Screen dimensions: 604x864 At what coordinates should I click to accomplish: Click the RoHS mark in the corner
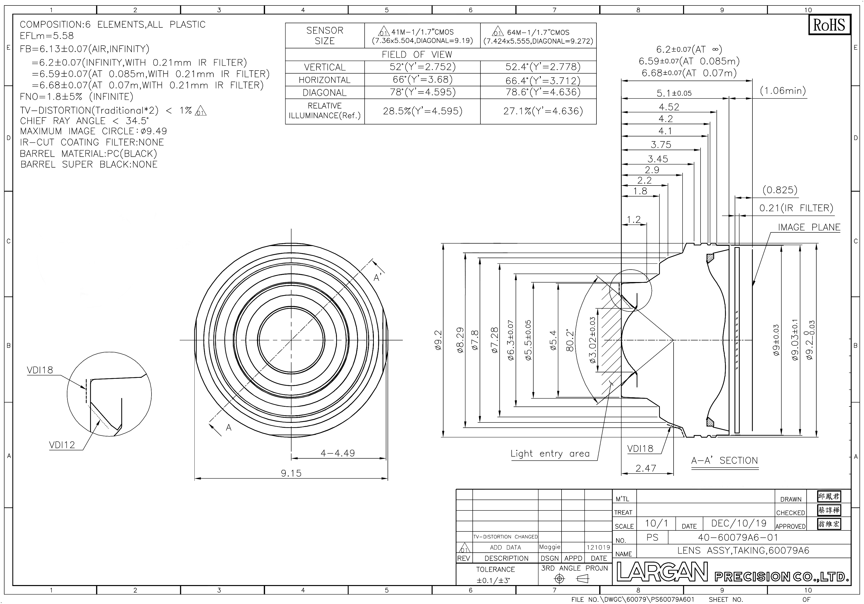pos(829,25)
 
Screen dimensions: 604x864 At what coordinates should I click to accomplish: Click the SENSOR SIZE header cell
pos(324,36)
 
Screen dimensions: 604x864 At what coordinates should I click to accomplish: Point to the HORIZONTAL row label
pos(324,80)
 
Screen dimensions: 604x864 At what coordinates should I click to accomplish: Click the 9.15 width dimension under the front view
pos(291,473)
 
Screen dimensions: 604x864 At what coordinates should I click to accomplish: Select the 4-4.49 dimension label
pos(338,453)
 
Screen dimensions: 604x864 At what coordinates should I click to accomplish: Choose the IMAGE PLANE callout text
pos(809,227)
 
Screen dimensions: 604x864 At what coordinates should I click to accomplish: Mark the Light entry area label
pos(550,454)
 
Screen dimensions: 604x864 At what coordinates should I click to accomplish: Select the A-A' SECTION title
pos(724,461)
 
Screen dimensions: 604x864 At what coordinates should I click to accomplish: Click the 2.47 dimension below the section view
pos(646,468)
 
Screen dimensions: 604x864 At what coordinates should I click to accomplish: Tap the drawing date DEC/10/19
pos(739,523)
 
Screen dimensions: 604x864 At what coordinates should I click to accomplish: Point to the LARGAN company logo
pos(662,572)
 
